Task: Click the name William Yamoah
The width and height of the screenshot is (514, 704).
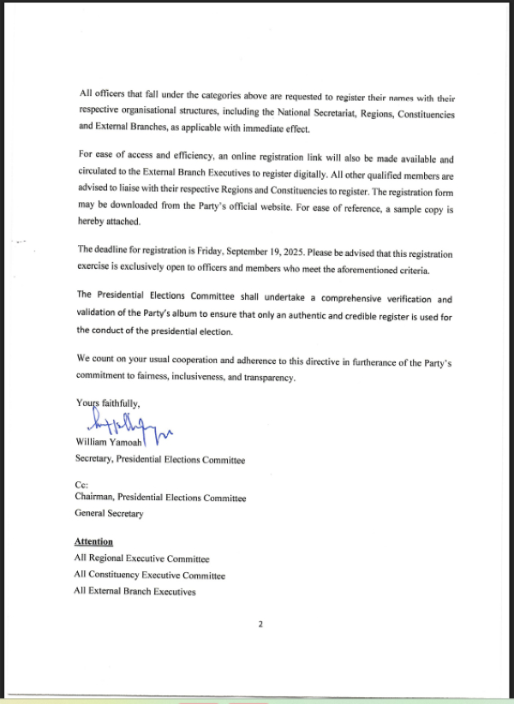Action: point(109,443)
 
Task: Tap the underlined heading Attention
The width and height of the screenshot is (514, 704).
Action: point(93,541)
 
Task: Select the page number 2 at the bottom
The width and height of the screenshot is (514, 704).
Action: point(260,623)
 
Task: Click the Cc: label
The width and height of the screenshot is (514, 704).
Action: point(82,484)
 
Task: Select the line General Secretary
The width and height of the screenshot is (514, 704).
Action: point(109,514)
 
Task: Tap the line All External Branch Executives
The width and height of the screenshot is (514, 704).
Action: point(134,591)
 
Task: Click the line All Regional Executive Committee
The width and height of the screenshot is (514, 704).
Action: point(141,558)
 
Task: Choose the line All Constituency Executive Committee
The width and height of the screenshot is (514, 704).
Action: point(149,575)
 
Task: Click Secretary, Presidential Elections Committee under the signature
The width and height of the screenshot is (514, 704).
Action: point(159,460)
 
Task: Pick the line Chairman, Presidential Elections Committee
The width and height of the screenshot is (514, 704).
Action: point(160,498)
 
